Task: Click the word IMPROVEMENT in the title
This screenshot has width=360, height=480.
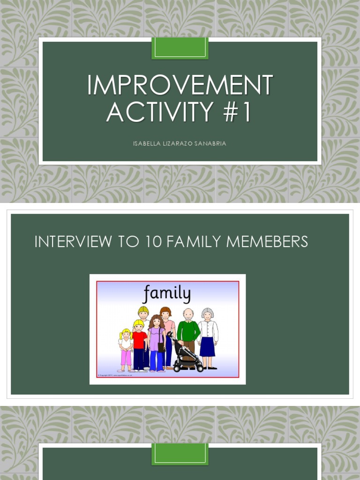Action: click(x=180, y=85)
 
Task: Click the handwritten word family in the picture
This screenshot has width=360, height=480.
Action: click(x=167, y=294)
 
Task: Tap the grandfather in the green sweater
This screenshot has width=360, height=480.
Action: click(x=188, y=331)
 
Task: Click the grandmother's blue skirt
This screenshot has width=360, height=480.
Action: click(x=207, y=347)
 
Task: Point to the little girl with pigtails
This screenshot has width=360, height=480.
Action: click(x=126, y=347)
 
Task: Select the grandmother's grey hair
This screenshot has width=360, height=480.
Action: click(x=207, y=312)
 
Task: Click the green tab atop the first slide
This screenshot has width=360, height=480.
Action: click(x=180, y=48)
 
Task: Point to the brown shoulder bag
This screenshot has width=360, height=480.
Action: click(x=161, y=347)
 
